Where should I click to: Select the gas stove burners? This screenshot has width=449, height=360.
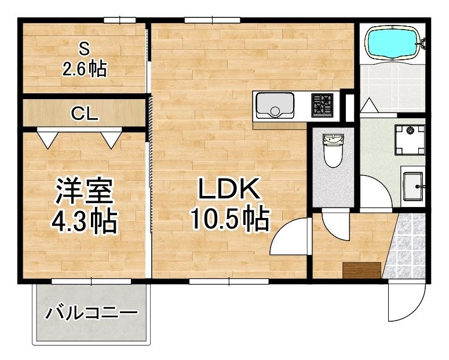tap(323, 105)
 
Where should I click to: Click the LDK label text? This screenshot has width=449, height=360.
tap(227, 189)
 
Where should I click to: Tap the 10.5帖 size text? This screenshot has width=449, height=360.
tap(231, 219)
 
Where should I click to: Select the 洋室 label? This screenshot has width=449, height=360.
tap(85, 191)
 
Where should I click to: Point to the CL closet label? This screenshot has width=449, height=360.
tap(85, 113)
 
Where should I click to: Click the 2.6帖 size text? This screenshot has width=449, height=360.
tap(85, 70)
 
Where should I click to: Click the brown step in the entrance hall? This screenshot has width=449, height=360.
tap(362, 270)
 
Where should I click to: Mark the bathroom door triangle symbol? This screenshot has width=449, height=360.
tap(370, 106)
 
